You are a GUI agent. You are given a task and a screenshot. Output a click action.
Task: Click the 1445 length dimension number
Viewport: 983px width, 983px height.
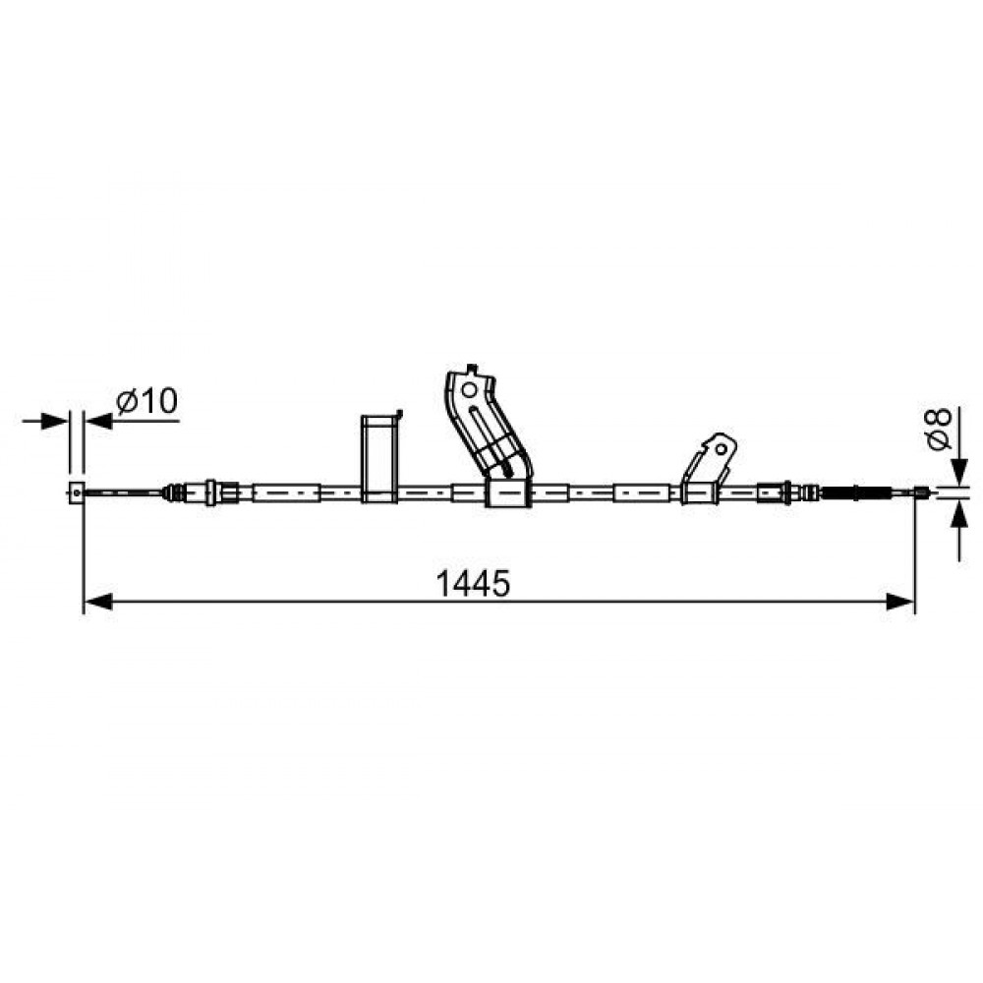tap(473, 584)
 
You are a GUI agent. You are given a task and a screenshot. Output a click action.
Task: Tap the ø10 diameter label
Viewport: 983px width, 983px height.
tap(147, 401)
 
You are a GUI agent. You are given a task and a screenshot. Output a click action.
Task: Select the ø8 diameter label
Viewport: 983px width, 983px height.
tap(939, 429)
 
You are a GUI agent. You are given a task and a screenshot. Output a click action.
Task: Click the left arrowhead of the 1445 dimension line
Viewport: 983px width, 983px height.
tap(97, 602)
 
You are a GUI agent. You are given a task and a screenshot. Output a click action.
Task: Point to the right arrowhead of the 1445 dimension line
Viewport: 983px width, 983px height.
tap(900, 602)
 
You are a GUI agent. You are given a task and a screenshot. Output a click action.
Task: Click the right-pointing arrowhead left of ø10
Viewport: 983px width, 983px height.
tap(54, 421)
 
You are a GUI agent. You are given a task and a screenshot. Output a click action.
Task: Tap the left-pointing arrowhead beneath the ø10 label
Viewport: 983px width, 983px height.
tap(97, 421)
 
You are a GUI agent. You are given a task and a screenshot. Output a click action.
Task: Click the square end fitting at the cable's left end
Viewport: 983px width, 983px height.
tap(76, 492)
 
